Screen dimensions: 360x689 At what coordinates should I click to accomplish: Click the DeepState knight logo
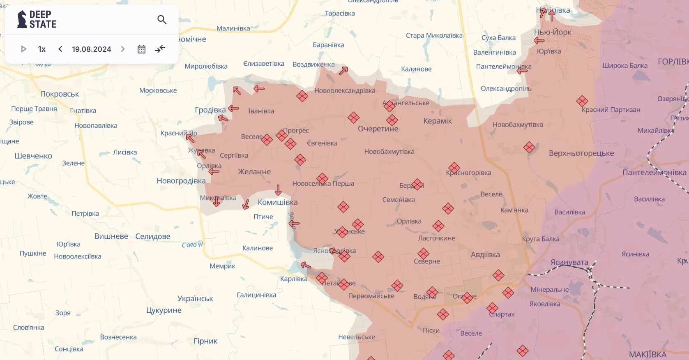click(22, 19)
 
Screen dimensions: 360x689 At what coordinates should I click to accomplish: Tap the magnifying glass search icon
click(162, 19)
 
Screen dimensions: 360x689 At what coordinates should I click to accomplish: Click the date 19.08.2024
click(91, 49)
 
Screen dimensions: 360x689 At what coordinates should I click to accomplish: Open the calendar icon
click(141, 49)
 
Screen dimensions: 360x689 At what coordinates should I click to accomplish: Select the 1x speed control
click(41, 49)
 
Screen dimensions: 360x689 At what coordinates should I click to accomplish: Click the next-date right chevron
click(122, 49)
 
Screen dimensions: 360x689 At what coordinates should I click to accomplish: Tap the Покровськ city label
click(60, 94)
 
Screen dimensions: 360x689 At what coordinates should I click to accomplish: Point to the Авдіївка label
click(485, 255)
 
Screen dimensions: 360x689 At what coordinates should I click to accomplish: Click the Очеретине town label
click(378, 129)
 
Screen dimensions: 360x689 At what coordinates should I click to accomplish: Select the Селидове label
click(152, 237)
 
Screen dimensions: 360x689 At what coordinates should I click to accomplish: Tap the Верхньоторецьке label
click(581, 153)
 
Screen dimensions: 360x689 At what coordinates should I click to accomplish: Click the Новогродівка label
click(181, 181)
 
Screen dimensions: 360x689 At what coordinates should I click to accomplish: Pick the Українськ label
click(195, 299)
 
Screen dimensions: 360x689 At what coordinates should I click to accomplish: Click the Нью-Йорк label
click(553, 32)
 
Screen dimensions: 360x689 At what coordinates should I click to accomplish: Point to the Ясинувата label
click(569, 262)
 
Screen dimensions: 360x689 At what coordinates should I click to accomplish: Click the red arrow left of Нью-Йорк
click(539, 40)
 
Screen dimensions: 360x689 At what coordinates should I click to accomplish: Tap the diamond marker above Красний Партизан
click(582, 101)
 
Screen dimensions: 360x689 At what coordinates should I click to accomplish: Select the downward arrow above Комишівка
click(278, 190)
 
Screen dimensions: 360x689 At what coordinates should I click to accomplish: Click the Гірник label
click(205, 341)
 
